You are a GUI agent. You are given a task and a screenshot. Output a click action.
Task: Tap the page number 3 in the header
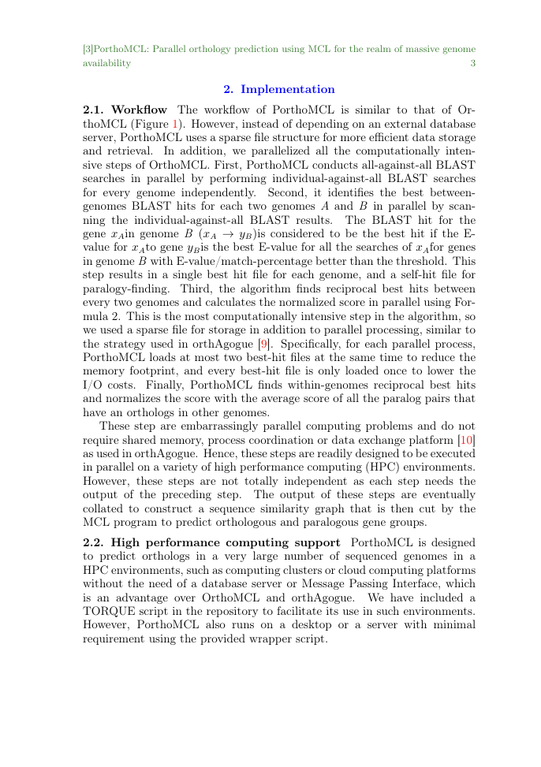pos(472,63)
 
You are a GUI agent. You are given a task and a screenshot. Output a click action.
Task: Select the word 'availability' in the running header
pos(106,63)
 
